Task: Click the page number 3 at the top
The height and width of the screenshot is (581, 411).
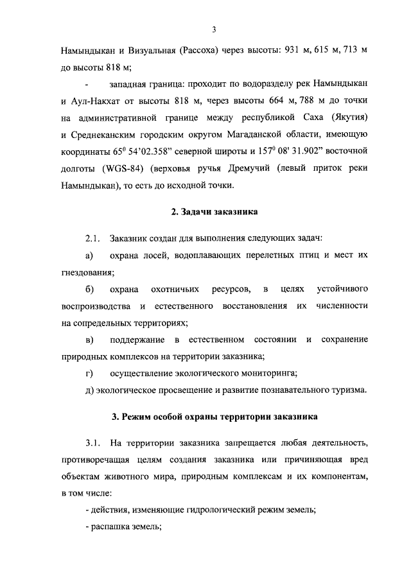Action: pos(213,28)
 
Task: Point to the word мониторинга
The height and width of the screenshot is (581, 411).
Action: pos(269,373)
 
